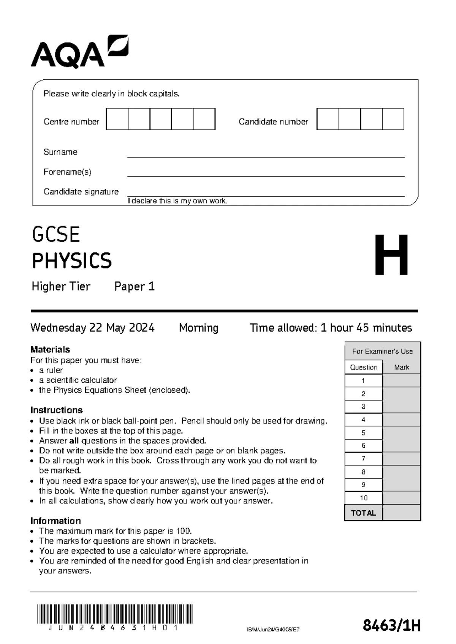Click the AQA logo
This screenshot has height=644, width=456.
pos(79,52)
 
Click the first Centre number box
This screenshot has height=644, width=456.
pos(117,119)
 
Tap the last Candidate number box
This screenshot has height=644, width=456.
pos(393,119)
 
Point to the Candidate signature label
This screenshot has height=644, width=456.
pos(81,192)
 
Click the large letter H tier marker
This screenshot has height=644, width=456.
pos(391,255)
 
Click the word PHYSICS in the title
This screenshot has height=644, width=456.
pos(72,261)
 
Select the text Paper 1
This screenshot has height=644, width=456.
pos(135,286)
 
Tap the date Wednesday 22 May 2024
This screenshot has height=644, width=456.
pos(92,328)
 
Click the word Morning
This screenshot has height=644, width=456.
pos(198,328)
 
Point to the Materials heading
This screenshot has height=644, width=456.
pos(50,349)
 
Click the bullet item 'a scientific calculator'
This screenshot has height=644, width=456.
pos(78,380)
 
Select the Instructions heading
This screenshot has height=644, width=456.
pos(56,410)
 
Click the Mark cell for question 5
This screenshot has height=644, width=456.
pos(401,433)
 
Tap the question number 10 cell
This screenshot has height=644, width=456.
pos(364,498)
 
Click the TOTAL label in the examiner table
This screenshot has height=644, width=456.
pos(364,513)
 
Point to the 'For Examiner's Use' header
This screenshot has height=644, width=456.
pos(382,351)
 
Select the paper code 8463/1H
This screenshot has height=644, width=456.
pos(391,625)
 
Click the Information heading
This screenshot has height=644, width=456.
pos(55,521)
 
